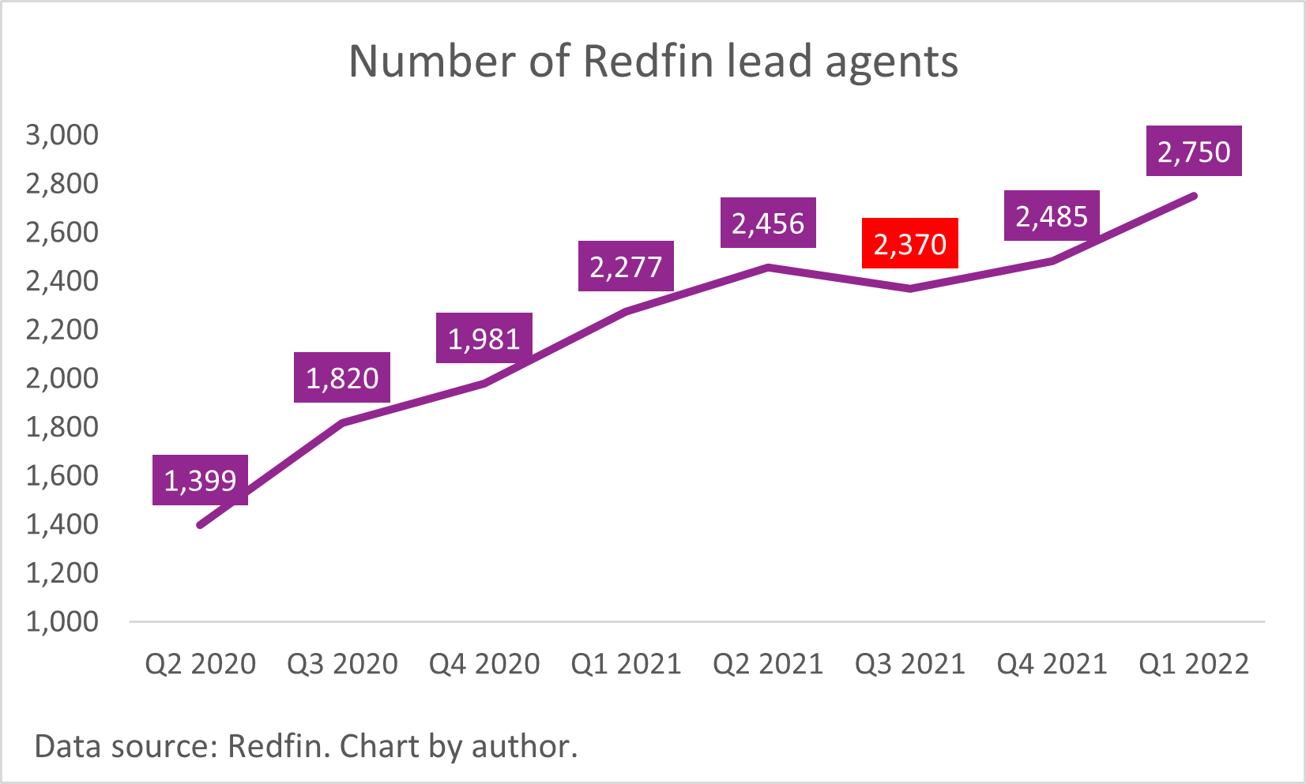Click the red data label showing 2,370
pyautogui.click(x=909, y=244)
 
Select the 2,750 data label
pyautogui.click(x=1193, y=151)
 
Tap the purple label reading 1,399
pyautogui.click(x=200, y=480)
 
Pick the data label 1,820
pyautogui.click(x=342, y=378)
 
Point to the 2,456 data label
pyautogui.click(x=767, y=223)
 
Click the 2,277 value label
pyautogui.click(x=626, y=267)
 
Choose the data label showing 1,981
pyautogui.click(x=484, y=339)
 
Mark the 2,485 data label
pyautogui.click(x=1052, y=216)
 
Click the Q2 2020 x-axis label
pyautogui.click(x=200, y=664)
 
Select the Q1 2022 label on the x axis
pyautogui.click(x=1193, y=664)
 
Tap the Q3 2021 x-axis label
pyautogui.click(x=909, y=664)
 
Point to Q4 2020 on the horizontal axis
pyautogui.click(x=484, y=664)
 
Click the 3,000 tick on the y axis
pyautogui.click(x=62, y=135)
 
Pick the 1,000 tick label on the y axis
pyautogui.click(x=62, y=622)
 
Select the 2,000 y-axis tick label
pyautogui.click(x=62, y=378)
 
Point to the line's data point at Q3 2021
pyautogui.click(x=910, y=289)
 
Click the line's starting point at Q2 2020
pyautogui.click(x=200, y=525)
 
